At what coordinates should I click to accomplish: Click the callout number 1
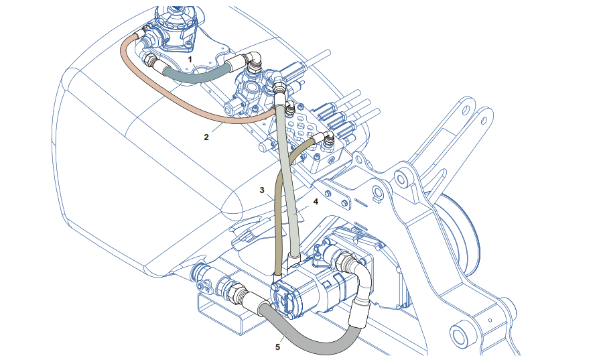(x=190, y=60)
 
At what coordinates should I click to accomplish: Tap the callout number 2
(x=206, y=137)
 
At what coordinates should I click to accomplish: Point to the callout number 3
(x=263, y=190)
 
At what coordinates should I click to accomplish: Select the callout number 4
(x=315, y=200)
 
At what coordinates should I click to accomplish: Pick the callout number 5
(x=277, y=347)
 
